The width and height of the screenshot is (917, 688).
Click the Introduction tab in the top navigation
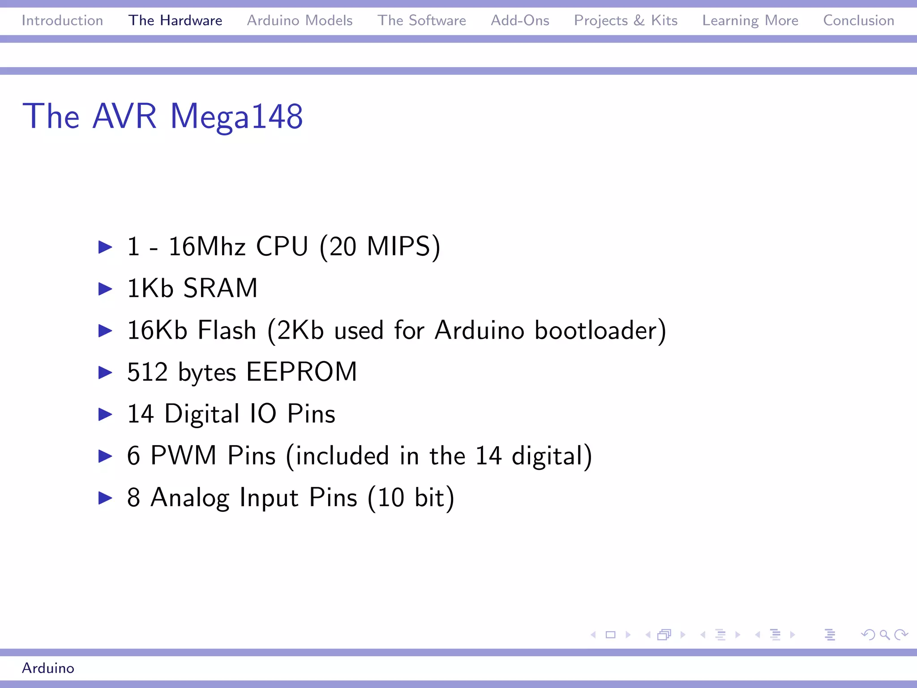62,21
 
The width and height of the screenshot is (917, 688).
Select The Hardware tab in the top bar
175,21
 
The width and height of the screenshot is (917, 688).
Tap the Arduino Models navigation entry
300,21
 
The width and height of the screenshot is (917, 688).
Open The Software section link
421,21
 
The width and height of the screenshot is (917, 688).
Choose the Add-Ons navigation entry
520,21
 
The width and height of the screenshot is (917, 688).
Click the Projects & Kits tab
626,21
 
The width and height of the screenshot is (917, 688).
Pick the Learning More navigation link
750,21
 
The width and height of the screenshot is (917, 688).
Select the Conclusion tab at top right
858,21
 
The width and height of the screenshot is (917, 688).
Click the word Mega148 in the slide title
236,116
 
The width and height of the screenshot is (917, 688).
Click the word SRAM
220,288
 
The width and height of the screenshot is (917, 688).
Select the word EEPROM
301,372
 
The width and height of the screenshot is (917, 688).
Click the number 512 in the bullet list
147,372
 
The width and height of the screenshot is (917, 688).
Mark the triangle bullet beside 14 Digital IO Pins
105,414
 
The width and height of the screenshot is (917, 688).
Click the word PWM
183,456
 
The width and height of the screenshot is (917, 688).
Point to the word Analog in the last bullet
190,498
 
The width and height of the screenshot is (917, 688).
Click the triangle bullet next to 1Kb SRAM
105,288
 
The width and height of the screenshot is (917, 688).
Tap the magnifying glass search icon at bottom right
884,635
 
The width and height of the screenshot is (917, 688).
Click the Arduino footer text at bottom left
48,668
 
